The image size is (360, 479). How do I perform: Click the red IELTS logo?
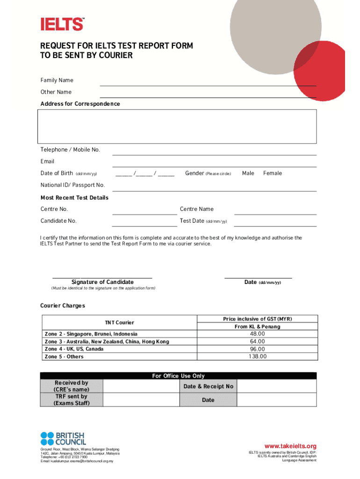click(62, 24)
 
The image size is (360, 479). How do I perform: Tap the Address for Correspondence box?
click(177, 126)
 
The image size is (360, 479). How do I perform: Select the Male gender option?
click(248, 174)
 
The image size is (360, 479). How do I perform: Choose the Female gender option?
click(272, 174)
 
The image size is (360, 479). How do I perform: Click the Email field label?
click(47, 161)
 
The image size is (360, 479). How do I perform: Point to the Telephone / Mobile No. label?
click(70, 150)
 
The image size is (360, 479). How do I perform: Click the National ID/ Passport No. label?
click(72, 185)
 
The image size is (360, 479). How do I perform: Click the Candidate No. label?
click(58, 221)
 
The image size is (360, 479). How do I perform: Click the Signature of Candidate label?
click(102, 282)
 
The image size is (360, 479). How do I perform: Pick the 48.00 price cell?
click(257, 334)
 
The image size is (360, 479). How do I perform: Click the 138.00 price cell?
click(257, 356)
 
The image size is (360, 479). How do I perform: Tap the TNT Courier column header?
click(119, 323)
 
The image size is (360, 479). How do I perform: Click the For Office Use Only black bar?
click(178, 376)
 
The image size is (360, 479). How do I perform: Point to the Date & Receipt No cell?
click(208, 386)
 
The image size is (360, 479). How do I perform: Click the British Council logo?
click(63, 438)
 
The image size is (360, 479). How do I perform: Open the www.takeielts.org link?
click(290, 446)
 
